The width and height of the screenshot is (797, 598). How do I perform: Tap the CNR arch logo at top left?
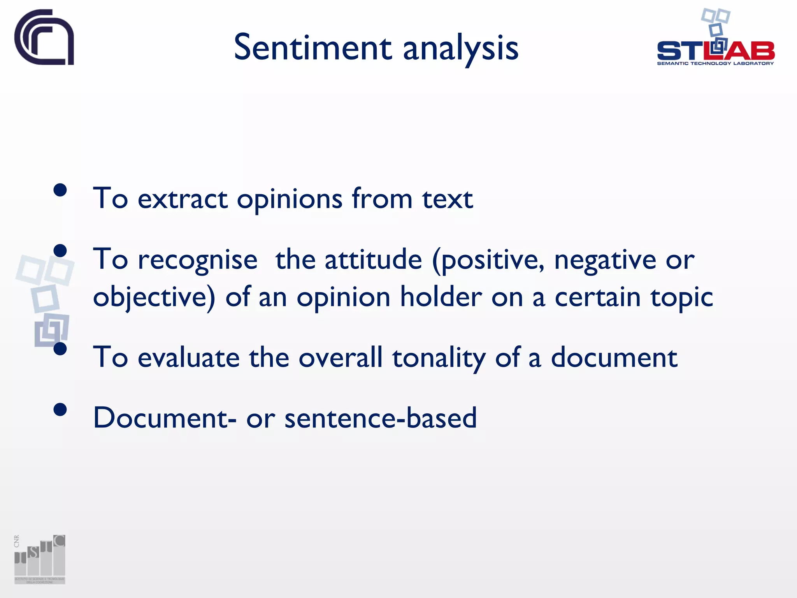tap(44, 37)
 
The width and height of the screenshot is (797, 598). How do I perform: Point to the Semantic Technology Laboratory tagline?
tap(715, 63)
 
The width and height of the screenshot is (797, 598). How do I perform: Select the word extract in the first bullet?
tap(183, 199)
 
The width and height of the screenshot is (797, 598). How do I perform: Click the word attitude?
tap(373, 260)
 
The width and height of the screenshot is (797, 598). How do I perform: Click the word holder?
tap(441, 297)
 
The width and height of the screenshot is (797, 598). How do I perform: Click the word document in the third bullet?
tap(614, 357)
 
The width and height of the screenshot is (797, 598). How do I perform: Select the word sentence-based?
tap(380, 418)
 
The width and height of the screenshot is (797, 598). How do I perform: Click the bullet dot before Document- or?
tap(60, 410)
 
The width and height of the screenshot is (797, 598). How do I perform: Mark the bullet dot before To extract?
tap(60, 190)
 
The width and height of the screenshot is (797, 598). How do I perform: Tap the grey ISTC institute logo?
tap(40, 559)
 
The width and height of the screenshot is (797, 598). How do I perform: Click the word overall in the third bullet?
tap(341, 357)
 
